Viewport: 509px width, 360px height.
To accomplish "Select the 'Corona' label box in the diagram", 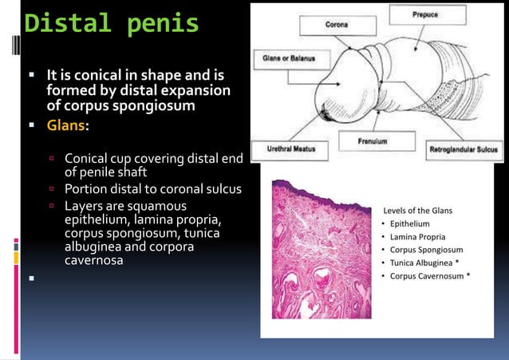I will (x=336, y=25).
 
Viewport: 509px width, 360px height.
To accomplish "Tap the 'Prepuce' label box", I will (x=424, y=14).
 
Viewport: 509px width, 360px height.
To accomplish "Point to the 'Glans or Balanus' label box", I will (x=289, y=58).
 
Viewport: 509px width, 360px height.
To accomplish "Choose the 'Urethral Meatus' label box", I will (x=284, y=148).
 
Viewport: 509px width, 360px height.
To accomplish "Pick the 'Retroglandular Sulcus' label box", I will (x=464, y=148).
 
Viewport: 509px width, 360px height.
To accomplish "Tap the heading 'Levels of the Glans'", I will (x=418, y=209).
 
